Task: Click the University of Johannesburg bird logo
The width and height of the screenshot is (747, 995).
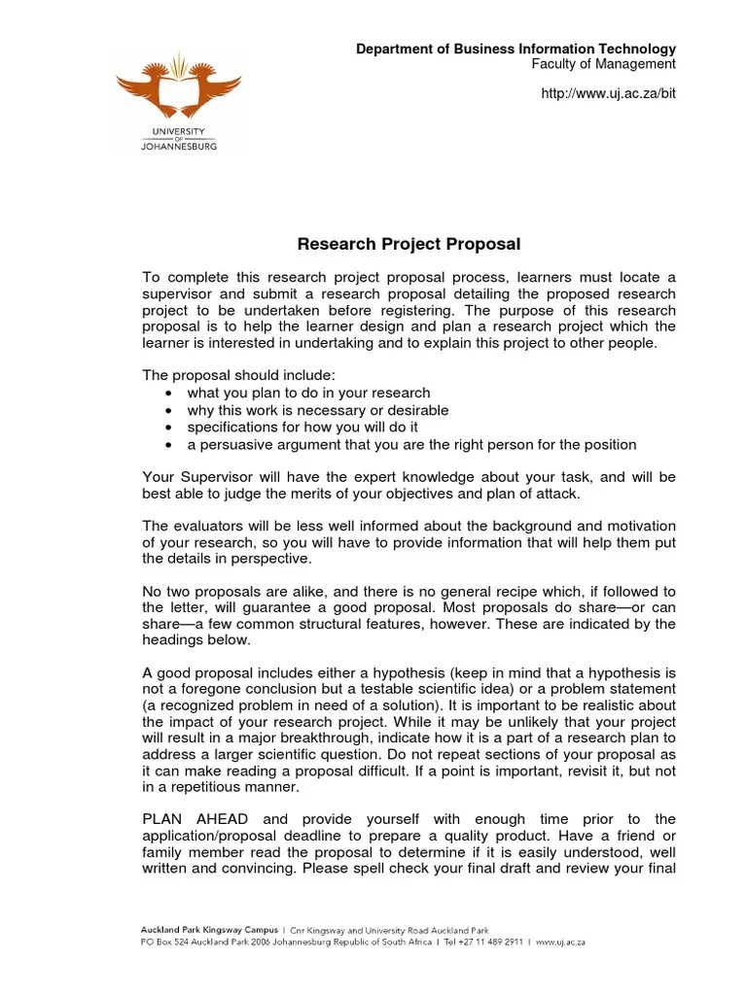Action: coord(178,86)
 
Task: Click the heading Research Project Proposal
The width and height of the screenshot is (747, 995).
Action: coord(409,244)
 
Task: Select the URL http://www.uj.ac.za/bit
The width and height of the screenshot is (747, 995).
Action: coord(607,92)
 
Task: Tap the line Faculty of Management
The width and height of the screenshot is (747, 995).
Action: coord(602,64)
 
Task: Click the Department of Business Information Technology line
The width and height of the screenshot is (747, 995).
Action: coord(515,49)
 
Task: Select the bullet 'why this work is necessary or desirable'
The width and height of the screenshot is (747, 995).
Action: coord(317,410)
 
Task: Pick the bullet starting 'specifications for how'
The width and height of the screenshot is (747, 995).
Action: coord(302,428)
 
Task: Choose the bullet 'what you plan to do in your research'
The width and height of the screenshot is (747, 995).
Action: coord(308,393)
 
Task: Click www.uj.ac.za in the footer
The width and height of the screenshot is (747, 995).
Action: coord(559,942)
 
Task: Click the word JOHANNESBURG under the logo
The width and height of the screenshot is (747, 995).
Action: coord(178,147)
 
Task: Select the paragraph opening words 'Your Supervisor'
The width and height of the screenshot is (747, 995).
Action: coord(199,477)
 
